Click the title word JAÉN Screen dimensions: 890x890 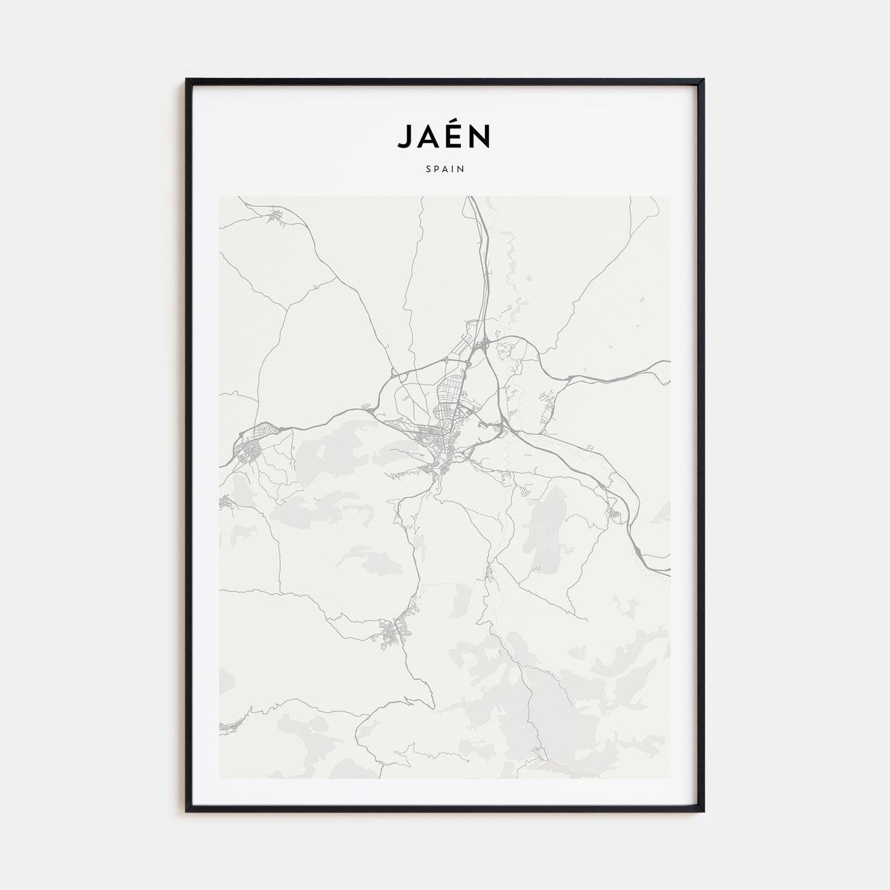point(444,135)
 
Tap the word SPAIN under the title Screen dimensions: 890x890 point(445,170)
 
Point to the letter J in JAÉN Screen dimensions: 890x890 point(406,137)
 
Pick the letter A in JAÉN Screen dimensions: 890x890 point(430,136)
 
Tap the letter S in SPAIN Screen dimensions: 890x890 point(428,170)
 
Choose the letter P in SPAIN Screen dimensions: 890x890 point(437,170)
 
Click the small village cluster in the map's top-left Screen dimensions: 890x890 point(277,216)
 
